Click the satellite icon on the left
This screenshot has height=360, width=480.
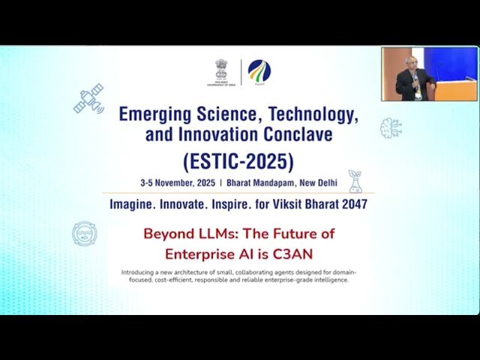coord(88,99)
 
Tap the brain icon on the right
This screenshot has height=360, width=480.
coord(391,128)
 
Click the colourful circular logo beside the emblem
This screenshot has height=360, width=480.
coord(259,73)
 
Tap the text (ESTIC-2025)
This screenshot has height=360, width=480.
coord(239,160)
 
